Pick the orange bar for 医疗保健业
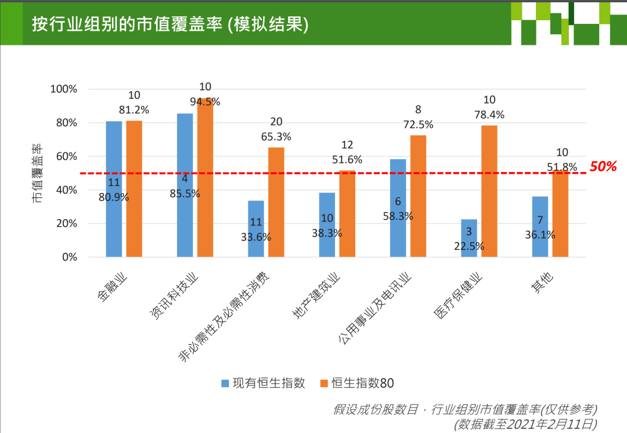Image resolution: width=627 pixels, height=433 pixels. pyautogui.click(x=489, y=191)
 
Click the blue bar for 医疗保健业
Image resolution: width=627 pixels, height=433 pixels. pyautogui.click(x=469, y=238)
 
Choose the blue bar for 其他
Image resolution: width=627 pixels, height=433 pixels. pyautogui.click(x=540, y=227)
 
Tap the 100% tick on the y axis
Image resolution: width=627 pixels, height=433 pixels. pyautogui.click(x=64, y=89)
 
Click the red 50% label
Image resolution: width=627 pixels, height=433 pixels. pyautogui.click(x=603, y=167)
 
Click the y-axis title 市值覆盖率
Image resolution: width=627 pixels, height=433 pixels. pyautogui.click(x=37, y=173)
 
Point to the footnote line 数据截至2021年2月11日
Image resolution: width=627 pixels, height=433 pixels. pyautogui.click(x=525, y=424)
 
